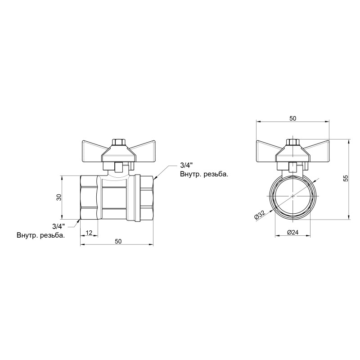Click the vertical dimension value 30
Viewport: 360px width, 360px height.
(58, 198)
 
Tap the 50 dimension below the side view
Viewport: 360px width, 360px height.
(118, 241)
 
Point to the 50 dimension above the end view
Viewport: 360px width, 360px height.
(292, 118)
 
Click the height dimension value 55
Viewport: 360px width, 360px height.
(345, 179)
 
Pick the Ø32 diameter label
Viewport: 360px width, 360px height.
(261, 215)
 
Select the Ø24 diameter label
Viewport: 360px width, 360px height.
(292, 232)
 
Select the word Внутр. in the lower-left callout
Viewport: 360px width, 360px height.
(27, 235)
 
